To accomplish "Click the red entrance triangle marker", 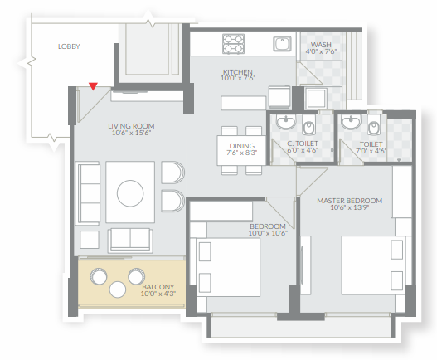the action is pyautogui.click(x=93, y=86).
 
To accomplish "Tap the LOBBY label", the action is pyautogui.click(x=69, y=46).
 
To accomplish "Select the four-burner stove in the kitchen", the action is pyautogui.click(x=233, y=44).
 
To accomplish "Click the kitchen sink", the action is pyautogui.click(x=282, y=44).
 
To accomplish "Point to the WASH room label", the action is pyautogui.click(x=321, y=45).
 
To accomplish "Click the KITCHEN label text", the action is pyautogui.click(x=238, y=72).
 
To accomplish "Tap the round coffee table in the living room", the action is pyautogui.click(x=130, y=193).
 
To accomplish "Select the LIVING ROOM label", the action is pyautogui.click(x=131, y=126).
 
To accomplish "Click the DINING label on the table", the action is pyautogui.click(x=242, y=146).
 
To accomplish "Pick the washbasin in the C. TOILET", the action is pyautogui.click(x=285, y=122).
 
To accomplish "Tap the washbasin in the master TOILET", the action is pyautogui.click(x=351, y=122).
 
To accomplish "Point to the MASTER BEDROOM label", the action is pyautogui.click(x=350, y=201).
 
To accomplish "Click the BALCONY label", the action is pyautogui.click(x=158, y=287).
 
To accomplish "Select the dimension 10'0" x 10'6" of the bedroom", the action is pyautogui.click(x=268, y=233).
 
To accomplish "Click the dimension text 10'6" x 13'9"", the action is pyautogui.click(x=350, y=207).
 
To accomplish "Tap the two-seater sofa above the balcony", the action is pyautogui.click(x=130, y=241).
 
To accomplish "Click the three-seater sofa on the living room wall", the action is pyautogui.click(x=88, y=194).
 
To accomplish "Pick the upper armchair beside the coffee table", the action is pyautogui.click(x=172, y=173).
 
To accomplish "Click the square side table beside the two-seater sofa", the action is pyautogui.click(x=90, y=240).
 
